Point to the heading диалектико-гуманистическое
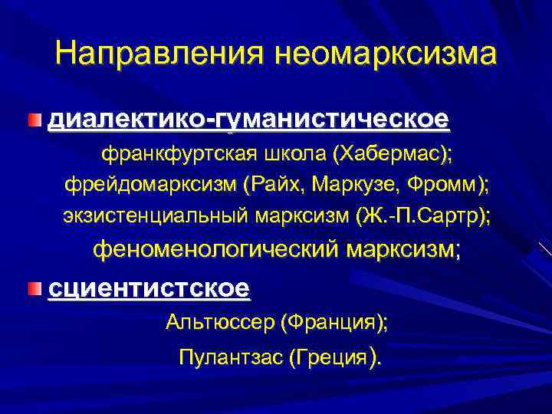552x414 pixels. point(248,121)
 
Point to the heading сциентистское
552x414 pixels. point(149,289)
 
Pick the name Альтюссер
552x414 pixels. point(219,323)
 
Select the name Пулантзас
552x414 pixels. point(229,357)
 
